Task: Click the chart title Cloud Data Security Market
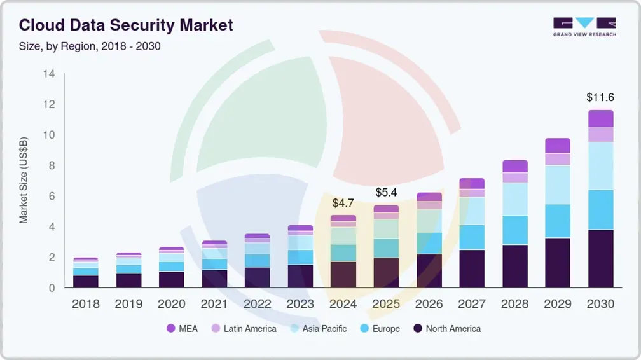tap(126, 25)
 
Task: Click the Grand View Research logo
tap(584, 26)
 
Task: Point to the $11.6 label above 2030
tap(600, 97)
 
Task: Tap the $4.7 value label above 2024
tap(343, 204)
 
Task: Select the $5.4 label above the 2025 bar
tap(386, 192)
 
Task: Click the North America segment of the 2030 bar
tap(600, 259)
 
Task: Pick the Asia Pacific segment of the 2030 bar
tap(600, 165)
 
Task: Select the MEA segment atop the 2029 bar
tap(558, 146)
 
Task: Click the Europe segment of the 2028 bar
tap(515, 230)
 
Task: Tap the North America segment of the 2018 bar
tap(86, 281)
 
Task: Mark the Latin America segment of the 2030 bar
tap(600, 135)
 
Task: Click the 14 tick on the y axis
tap(49, 74)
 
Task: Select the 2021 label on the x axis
tap(214, 304)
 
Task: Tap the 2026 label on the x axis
tap(429, 304)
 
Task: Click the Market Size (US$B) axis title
tap(24, 181)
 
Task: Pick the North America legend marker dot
tap(418, 329)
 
